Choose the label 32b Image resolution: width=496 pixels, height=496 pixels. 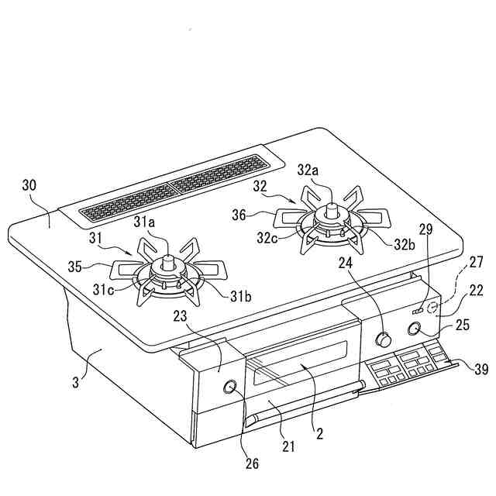click(404, 243)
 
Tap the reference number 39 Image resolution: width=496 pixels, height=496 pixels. click(481, 370)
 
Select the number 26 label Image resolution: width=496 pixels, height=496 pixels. click(253, 464)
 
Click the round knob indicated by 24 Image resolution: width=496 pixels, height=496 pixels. click(384, 339)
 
